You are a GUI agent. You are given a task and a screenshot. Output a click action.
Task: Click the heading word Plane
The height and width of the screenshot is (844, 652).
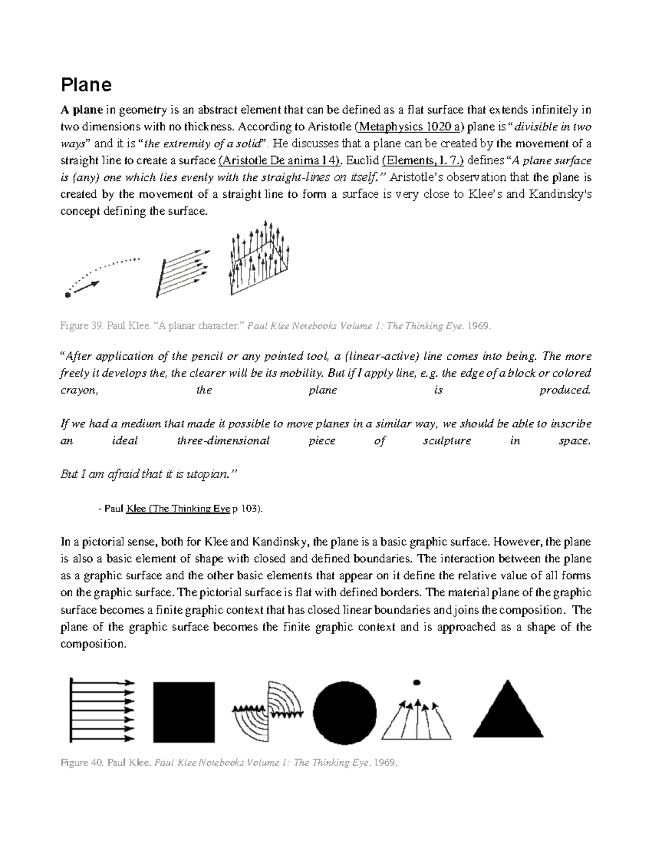point(86,85)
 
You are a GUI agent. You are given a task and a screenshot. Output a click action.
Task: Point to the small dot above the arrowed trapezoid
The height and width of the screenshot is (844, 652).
point(417,682)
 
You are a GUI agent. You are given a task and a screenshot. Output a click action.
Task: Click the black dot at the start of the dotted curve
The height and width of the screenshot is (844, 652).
point(67,295)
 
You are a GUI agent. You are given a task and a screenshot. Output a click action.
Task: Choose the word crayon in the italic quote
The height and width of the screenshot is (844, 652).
point(79,390)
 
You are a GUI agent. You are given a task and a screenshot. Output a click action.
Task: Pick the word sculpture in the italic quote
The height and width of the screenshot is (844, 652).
point(447,441)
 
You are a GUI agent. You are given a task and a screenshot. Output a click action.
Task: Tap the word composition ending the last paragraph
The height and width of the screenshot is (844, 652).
point(92,644)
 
